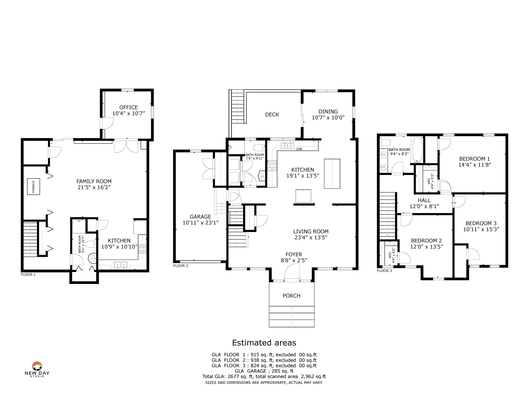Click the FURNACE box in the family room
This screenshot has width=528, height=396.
(x=34, y=186)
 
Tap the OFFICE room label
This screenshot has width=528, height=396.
(x=128, y=107)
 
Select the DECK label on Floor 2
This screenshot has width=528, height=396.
(x=272, y=114)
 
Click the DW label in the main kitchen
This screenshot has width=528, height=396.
(x=299, y=149)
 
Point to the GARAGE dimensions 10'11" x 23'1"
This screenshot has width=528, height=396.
(x=201, y=223)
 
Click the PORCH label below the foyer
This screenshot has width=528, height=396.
(x=292, y=296)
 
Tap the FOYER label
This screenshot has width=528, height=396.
(x=294, y=254)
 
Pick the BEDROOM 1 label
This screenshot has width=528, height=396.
(x=474, y=159)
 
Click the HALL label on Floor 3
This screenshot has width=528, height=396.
(x=424, y=200)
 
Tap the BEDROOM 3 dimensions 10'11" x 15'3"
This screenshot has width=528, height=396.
(x=481, y=229)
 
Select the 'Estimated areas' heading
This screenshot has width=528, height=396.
(x=264, y=343)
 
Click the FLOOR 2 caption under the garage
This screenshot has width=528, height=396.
(x=181, y=266)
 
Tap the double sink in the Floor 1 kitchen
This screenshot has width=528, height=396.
(x=121, y=265)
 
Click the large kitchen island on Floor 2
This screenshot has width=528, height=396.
(x=332, y=174)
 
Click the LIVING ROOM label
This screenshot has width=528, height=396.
(x=311, y=232)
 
